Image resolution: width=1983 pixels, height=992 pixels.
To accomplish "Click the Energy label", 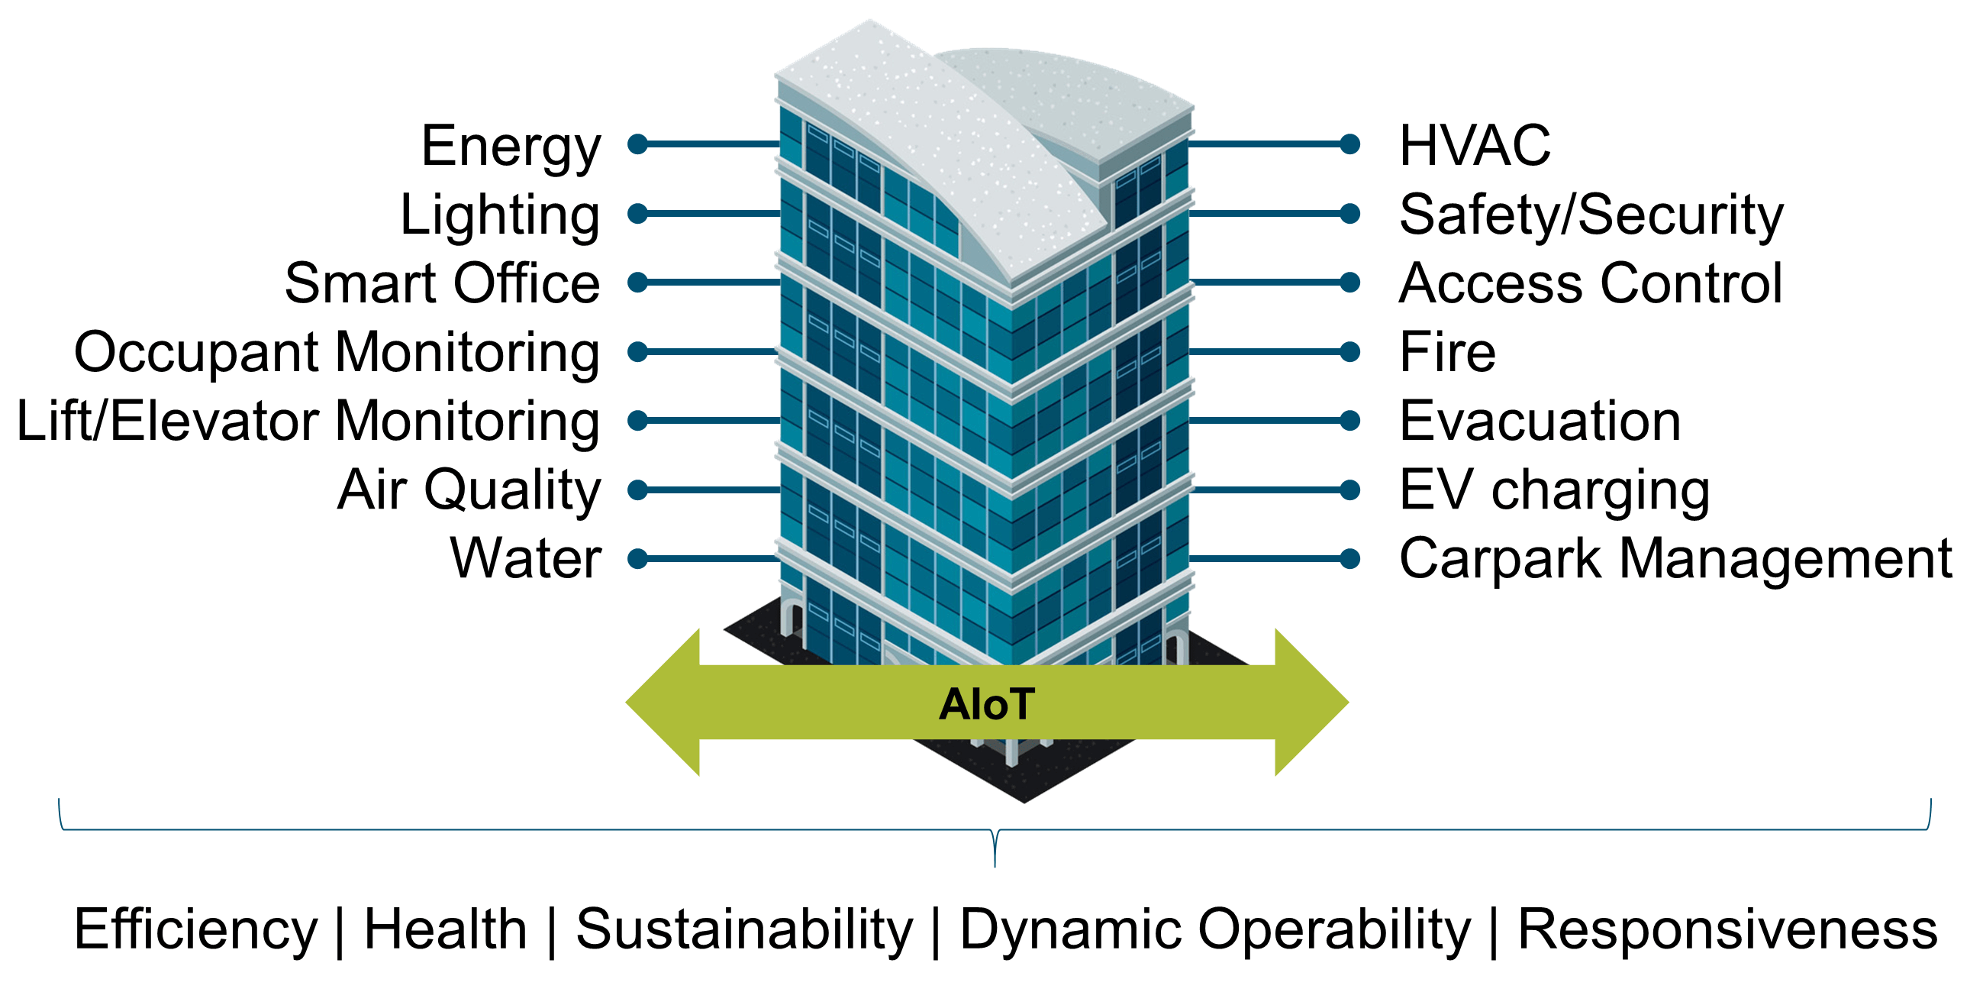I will click(x=511, y=146).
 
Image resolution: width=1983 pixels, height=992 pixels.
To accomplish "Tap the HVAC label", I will click(x=1474, y=146).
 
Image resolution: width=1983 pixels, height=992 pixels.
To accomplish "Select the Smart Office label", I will click(x=442, y=283).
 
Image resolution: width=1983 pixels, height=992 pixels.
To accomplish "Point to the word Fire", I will click(x=1447, y=352).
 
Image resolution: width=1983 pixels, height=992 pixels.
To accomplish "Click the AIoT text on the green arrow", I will click(x=987, y=704).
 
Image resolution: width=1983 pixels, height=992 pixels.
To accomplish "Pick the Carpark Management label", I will click(x=1675, y=558).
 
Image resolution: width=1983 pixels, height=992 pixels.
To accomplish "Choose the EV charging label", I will click(x=1554, y=490).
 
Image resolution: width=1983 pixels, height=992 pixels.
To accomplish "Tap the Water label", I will click(x=526, y=558).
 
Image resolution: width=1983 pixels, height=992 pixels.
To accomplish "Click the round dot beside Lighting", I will click(x=637, y=213).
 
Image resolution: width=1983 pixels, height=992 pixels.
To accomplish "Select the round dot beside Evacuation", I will click(x=1349, y=421).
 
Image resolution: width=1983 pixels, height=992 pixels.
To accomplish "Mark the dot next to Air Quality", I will click(x=637, y=490).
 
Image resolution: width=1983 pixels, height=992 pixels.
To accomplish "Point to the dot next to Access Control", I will click(x=1349, y=283).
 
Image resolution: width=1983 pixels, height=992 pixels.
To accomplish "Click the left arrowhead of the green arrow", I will click(x=663, y=703).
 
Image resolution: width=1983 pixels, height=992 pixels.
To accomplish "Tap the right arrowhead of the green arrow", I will click(x=1311, y=703).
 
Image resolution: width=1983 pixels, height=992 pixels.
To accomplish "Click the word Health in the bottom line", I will click(x=445, y=929).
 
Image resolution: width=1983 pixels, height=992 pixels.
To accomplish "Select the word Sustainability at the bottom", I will click(x=743, y=929).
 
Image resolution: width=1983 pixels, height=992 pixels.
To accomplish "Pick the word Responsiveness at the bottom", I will click(x=1727, y=929).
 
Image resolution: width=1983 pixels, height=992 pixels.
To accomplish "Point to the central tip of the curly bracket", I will click(x=995, y=863).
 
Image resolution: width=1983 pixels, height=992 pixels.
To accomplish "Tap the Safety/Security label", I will click(x=1591, y=215).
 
